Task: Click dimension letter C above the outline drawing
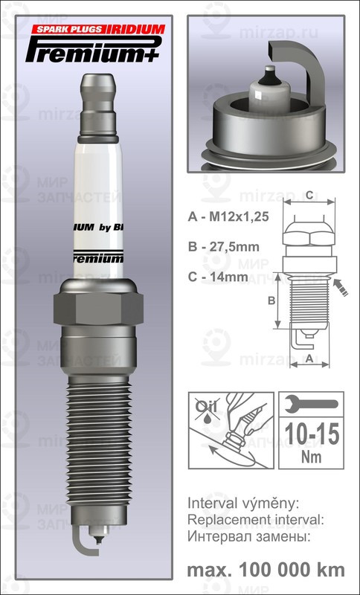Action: click(x=309, y=196)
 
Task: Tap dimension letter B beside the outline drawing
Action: click(x=271, y=300)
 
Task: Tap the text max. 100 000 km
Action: click(x=266, y=569)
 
